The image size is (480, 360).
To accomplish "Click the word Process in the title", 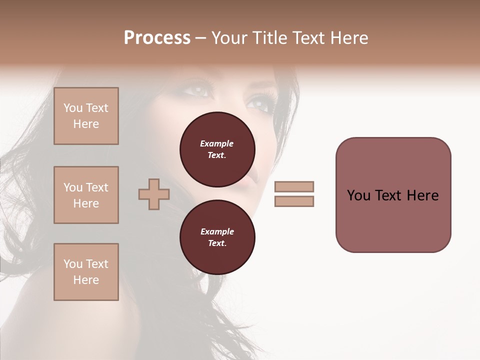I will (x=157, y=38).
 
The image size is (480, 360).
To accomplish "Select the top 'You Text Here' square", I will (x=86, y=116).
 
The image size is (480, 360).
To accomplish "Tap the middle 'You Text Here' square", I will (x=86, y=195).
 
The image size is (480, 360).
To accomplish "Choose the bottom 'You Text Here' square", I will (x=86, y=272).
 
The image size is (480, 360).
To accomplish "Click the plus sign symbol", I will (x=154, y=194).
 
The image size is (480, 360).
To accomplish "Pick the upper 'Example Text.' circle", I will (x=217, y=149).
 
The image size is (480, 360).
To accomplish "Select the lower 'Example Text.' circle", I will (x=217, y=237).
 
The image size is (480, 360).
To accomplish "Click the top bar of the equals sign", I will (x=294, y=186).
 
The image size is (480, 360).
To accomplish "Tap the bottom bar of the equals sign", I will (x=294, y=201).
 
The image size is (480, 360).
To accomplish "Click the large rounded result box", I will (x=393, y=195).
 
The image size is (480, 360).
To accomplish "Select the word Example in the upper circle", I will (x=217, y=143).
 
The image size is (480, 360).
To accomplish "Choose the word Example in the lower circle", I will (x=217, y=231).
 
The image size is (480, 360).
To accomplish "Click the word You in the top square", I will (x=72, y=108).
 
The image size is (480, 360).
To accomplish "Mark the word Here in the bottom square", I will (x=86, y=280).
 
